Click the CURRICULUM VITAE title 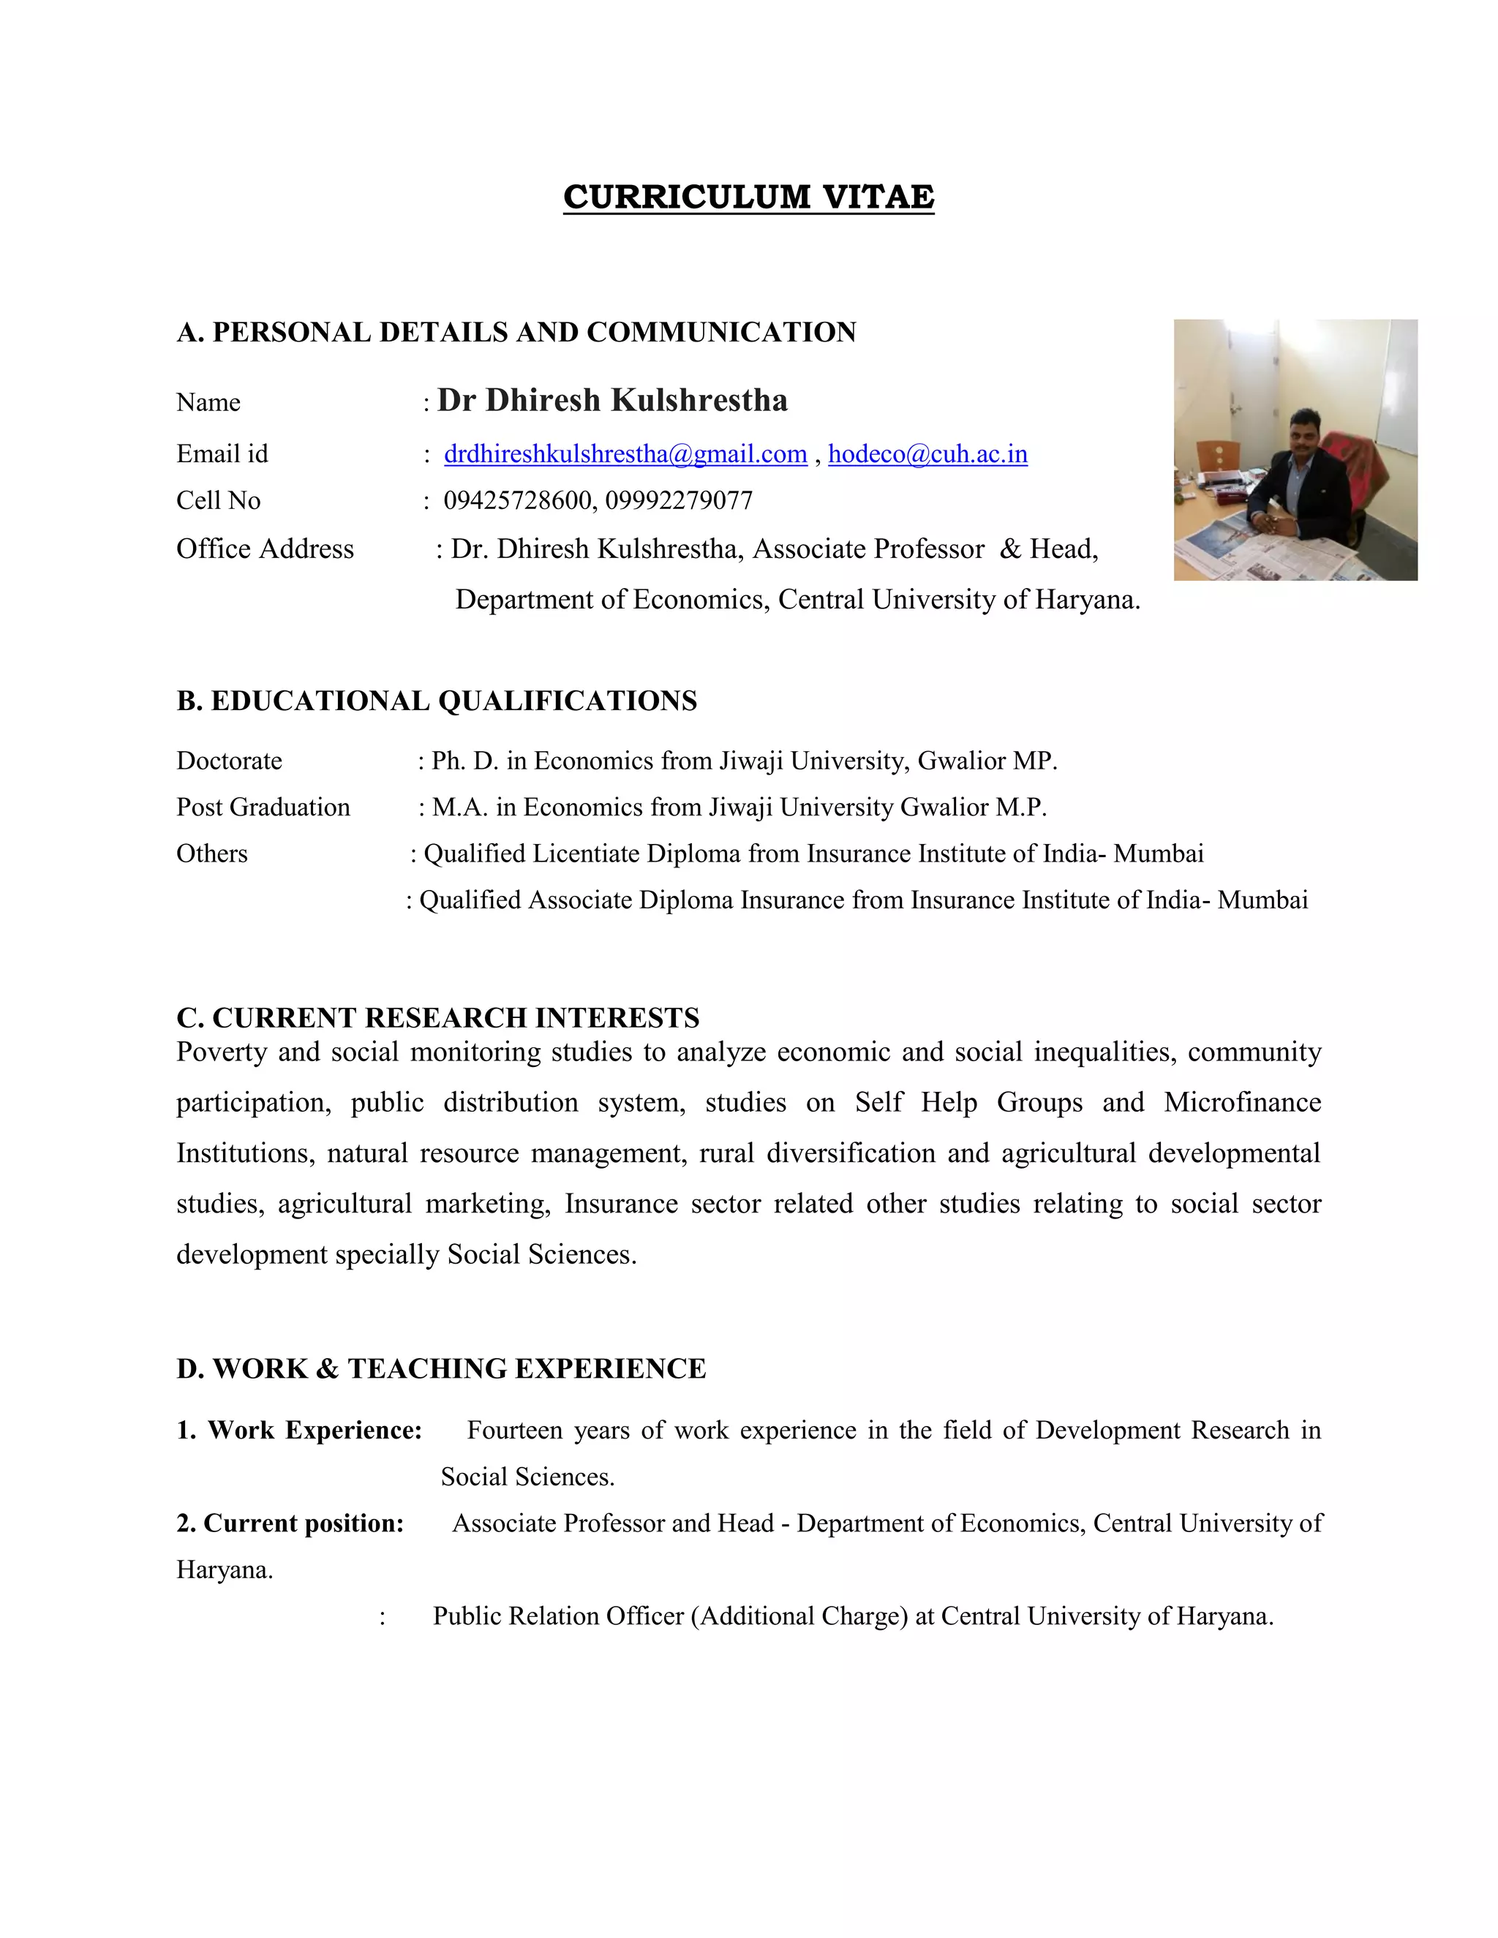[748, 197]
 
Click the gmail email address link [625, 454]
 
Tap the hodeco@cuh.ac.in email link [927, 454]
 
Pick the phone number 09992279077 [679, 500]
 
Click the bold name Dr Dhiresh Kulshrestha [612, 400]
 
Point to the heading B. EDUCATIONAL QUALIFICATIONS [437, 701]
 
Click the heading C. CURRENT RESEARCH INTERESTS [437, 1018]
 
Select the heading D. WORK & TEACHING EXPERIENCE [441, 1368]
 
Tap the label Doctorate [229, 761]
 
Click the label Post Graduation [263, 807]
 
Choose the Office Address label [265, 549]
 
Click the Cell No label [218, 500]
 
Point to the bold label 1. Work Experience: [299, 1430]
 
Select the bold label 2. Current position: [290, 1523]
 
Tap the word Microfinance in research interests [1243, 1102]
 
